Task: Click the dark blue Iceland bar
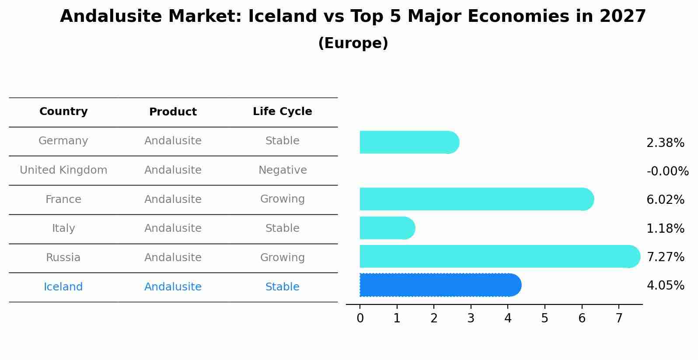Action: tap(440, 285)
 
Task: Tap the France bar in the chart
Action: tap(476, 199)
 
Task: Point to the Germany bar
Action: tap(409, 142)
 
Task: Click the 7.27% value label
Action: tap(665, 257)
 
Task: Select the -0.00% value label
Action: tap(667, 171)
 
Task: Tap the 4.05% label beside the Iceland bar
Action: tap(665, 285)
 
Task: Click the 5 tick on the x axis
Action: tap(544, 318)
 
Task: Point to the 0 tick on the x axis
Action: tap(360, 318)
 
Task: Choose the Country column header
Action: tap(63, 112)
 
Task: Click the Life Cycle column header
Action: tap(282, 112)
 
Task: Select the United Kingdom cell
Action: tap(63, 170)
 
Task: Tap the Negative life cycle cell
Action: tap(282, 170)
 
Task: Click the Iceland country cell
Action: tap(63, 287)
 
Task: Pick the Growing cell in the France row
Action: tap(282, 199)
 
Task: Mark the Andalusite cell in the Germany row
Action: tap(173, 141)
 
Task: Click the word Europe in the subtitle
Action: tap(353, 43)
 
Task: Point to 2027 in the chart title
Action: tap(623, 17)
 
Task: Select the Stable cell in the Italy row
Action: tap(282, 228)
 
